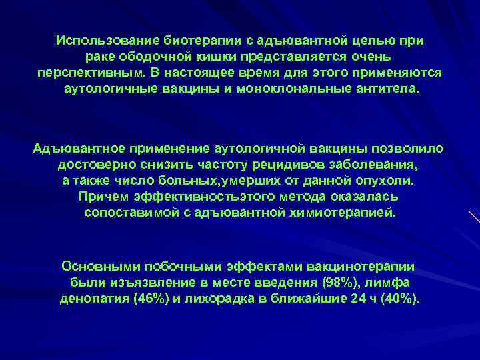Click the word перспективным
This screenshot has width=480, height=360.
tap(79, 73)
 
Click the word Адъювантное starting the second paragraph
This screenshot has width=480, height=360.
tap(74, 147)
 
